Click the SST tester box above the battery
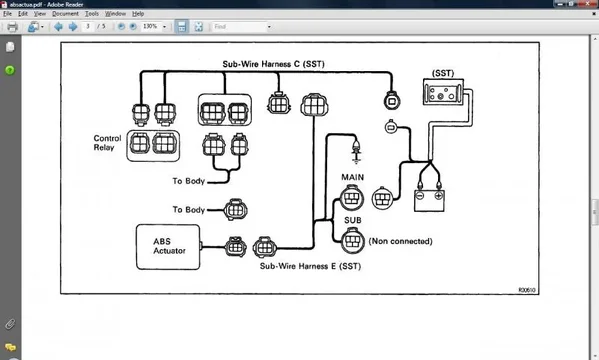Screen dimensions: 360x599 pyautogui.click(x=441, y=94)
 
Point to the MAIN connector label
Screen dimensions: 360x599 pyautogui.click(x=352, y=178)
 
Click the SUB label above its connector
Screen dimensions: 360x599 pyautogui.click(x=352, y=219)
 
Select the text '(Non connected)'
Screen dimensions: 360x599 pyautogui.click(x=401, y=241)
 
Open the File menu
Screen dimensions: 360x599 pyautogui.click(x=7, y=14)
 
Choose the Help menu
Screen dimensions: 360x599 pyautogui.click(x=138, y=14)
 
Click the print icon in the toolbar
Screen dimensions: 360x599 pyautogui.click(x=11, y=27)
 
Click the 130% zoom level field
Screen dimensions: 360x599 pyautogui.click(x=153, y=27)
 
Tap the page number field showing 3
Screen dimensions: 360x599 pyautogui.click(x=88, y=27)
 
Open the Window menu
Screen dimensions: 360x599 pyautogui.click(x=115, y=14)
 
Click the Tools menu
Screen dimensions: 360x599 pyautogui.click(x=91, y=14)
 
